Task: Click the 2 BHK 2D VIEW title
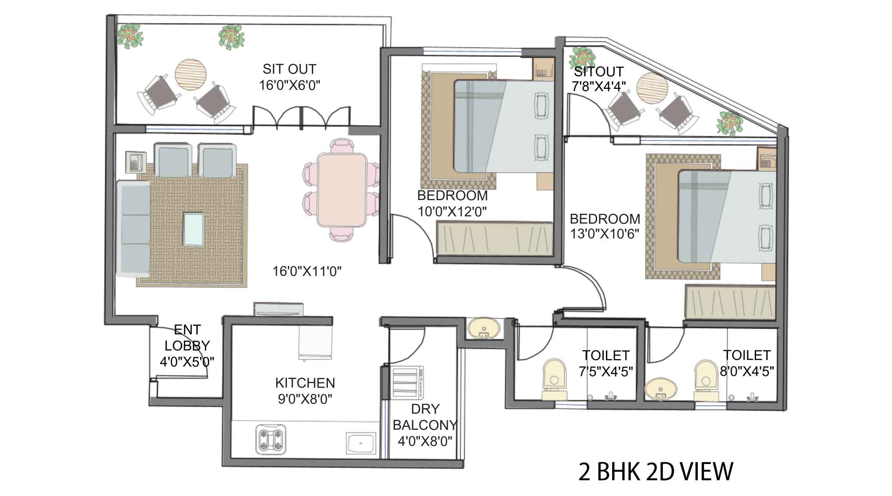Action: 656,472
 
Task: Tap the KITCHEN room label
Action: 305,383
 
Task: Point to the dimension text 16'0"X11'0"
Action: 307,271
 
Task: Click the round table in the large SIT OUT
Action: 191,75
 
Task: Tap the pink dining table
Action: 342,190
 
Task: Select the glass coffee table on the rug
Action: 194,229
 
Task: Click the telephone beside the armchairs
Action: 136,163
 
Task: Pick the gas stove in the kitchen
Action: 271,440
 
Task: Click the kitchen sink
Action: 361,444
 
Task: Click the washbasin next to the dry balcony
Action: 483,329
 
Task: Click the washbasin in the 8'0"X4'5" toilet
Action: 661,390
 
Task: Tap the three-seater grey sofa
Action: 134,229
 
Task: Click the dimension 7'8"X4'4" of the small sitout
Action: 599,86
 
